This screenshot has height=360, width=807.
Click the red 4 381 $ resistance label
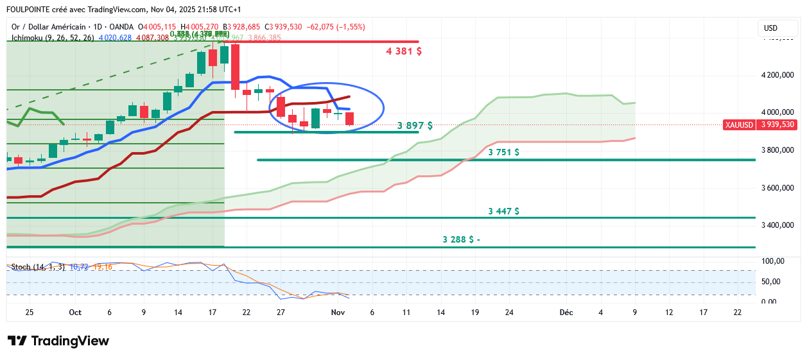click(403, 51)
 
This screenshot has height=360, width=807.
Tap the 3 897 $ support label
click(415, 126)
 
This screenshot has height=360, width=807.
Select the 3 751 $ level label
click(503, 152)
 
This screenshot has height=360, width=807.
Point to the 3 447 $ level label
click(503, 210)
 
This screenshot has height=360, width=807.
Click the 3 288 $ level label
click(461, 239)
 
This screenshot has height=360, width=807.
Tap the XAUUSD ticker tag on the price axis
click(738, 124)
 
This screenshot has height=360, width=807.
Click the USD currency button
click(770, 28)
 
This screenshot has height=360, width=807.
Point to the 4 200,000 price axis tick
click(777, 75)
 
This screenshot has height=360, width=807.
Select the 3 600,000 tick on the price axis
click(777, 188)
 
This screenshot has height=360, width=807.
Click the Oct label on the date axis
click(75, 313)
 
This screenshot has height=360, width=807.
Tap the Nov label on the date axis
click(338, 313)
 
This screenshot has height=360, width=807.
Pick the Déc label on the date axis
click(566, 313)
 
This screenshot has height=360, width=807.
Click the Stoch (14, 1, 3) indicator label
click(38, 266)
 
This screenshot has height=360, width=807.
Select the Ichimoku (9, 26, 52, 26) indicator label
click(53, 38)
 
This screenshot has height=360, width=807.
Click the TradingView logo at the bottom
click(58, 341)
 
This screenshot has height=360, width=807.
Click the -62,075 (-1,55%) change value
click(336, 27)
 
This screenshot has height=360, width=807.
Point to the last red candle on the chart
click(350, 119)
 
